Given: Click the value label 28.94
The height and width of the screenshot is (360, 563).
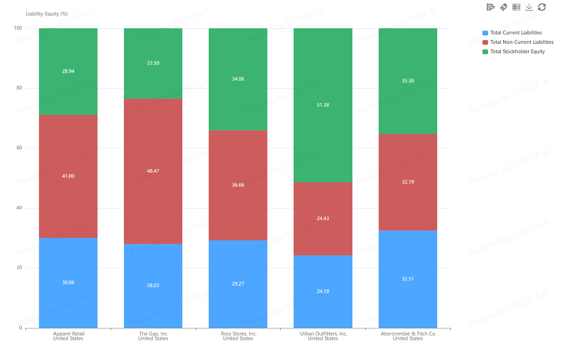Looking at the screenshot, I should pos(68,71).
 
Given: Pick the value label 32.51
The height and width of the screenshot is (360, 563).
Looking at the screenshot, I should pos(408,278).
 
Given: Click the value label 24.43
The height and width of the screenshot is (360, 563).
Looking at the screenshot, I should pos(323,218).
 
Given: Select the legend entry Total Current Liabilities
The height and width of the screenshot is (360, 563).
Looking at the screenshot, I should pos(516,33).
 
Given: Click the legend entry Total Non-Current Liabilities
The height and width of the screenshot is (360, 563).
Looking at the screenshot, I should pos(522,42).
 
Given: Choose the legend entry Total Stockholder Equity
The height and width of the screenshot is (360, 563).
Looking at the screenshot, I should pos(517,51).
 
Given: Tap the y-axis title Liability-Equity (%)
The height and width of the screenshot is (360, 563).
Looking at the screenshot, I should pos(47,14).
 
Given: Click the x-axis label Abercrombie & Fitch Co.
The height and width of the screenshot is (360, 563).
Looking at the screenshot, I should pos(408,334).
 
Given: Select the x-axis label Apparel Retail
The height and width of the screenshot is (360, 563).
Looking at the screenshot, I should pos(68,334).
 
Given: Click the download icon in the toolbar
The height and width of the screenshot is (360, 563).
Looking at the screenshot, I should pos(529,7).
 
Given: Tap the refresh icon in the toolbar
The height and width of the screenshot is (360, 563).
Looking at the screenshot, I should pos(542,7).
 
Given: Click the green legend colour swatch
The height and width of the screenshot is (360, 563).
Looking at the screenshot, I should pos(485,51).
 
